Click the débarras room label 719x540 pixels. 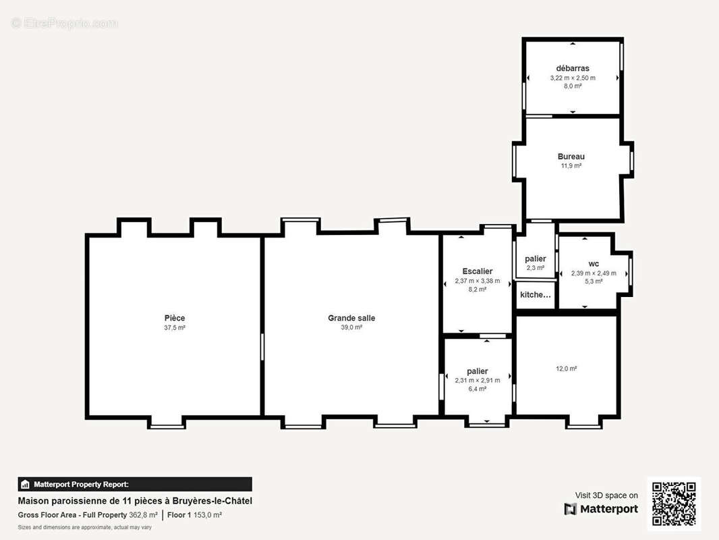(x=573, y=68)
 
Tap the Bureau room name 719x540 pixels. (x=571, y=157)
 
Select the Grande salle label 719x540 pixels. (x=351, y=318)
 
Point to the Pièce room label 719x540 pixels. (x=175, y=318)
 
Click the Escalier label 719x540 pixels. (x=478, y=271)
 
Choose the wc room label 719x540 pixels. (x=594, y=264)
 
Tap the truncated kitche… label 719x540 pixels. (x=536, y=294)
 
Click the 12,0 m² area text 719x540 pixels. (x=567, y=369)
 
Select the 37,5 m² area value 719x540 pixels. (x=175, y=327)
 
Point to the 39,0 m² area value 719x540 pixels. (x=351, y=327)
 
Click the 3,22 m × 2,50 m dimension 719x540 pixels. (x=573, y=78)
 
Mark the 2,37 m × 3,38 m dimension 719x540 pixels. (x=478, y=281)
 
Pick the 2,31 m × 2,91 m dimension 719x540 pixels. (x=478, y=380)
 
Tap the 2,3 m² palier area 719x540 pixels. (x=536, y=268)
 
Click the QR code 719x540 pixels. (x=674, y=504)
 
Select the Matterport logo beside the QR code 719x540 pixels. (x=601, y=509)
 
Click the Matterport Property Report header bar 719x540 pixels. (x=135, y=485)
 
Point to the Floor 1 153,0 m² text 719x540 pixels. (x=194, y=515)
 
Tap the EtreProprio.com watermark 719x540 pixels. (x=65, y=23)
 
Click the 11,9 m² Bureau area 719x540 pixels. (x=571, y=165)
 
